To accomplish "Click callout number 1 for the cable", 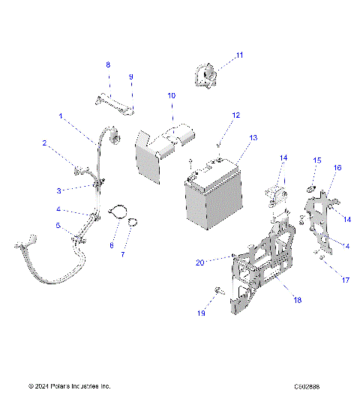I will (x=61, y=116).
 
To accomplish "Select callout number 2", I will (x=44, y=142).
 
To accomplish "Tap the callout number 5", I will (x=58, y=225).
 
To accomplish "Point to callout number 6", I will (x=112, y=245).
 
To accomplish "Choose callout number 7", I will (x=124, y=254).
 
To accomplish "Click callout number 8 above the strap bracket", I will (x=107, y=65).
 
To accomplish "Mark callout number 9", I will (x=130, y=77).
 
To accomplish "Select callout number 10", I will (x=171, y=96).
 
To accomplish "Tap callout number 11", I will (x=240, y=55).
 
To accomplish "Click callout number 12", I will (x=235, y=115).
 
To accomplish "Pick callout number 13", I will (x=253, y=138).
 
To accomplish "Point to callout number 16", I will (x=337, y=168).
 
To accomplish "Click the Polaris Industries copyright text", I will (x=69, y=386).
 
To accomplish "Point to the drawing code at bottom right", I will (x=307, y=386).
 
